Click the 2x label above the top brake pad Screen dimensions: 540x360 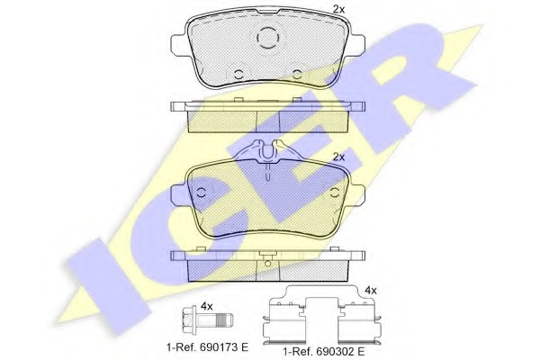338,9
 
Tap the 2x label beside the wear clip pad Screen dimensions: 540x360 339,157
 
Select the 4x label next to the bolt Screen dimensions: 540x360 207,306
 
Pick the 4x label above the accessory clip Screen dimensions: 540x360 371,291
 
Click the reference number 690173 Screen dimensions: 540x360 217,346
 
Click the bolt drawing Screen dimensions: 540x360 208,322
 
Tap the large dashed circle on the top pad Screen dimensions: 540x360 267,38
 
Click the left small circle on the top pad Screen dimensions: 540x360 238,74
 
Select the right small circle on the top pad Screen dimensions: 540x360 297,74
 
